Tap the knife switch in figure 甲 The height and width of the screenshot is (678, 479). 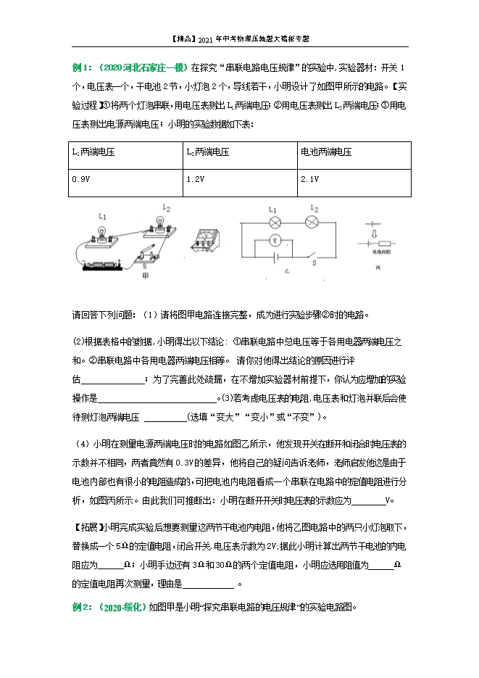coord(149,253)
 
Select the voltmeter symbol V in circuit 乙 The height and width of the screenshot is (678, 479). coord(275,239)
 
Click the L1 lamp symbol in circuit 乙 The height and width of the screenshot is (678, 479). coord(274,221)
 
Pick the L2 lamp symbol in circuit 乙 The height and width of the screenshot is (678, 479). coord(314,221)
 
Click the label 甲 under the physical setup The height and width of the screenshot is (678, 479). coord(146,276)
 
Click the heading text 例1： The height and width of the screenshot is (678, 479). coord(80,67)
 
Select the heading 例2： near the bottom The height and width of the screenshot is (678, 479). coord(80,608)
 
